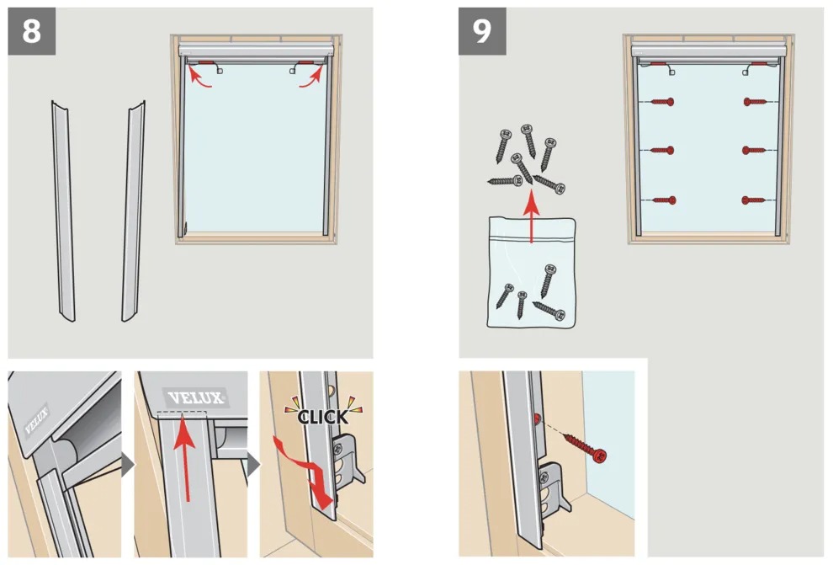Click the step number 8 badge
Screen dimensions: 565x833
pos(32,33)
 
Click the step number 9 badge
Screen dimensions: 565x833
pos(482,32)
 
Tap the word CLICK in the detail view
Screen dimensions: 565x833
pos(322,416)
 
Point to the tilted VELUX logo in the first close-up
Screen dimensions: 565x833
pos(36,418)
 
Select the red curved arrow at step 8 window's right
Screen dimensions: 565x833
pos(313,77)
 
